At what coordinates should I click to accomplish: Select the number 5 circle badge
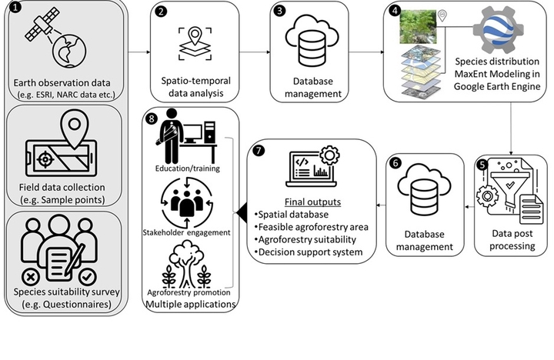(x=482, y=164)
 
